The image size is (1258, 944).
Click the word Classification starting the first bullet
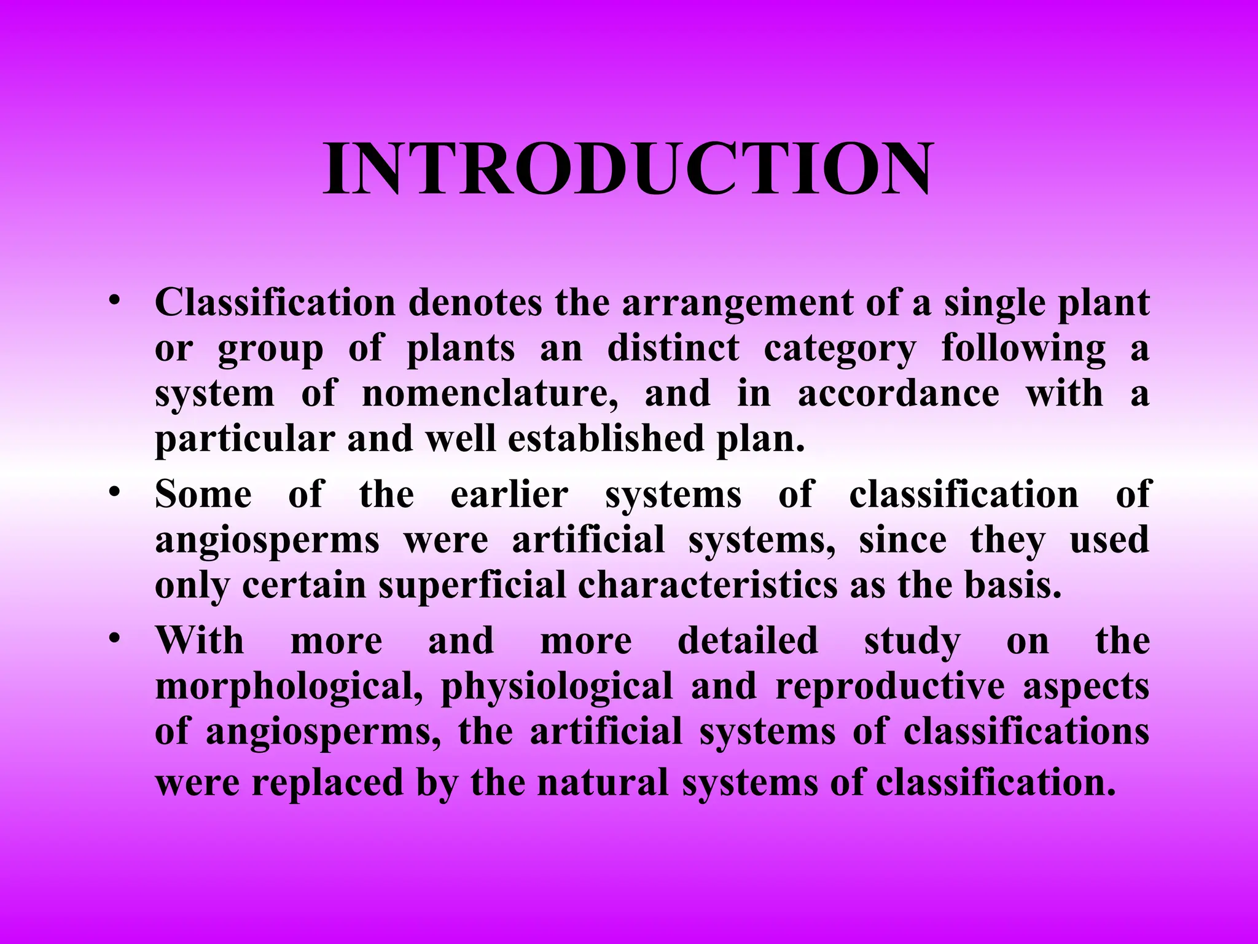tap(275, 303)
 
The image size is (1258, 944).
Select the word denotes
tap(475, 303)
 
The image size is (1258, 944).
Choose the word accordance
tap(899, 393)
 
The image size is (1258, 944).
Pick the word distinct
tap(673, 348)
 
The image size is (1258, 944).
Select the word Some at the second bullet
tap(203, 494)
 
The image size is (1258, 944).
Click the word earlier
tap(509, 494)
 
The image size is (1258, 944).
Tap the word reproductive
tap(890, 686)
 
